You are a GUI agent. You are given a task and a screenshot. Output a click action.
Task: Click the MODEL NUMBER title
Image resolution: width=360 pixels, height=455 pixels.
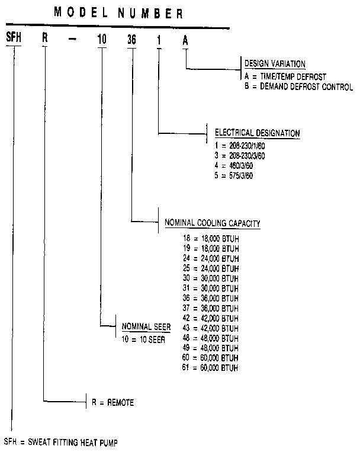(x=118, y=12)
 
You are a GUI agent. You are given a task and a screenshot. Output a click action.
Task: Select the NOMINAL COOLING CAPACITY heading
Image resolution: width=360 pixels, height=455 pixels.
(x=212, y=223)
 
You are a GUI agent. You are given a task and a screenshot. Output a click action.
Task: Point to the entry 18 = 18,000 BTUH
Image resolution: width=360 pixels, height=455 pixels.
(x=210, y=238)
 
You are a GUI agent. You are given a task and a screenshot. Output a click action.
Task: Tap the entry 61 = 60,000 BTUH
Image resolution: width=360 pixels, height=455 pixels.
(x=210, y=369)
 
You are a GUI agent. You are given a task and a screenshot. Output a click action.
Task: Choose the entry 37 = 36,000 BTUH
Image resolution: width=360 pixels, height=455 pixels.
(x=210, y=309)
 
